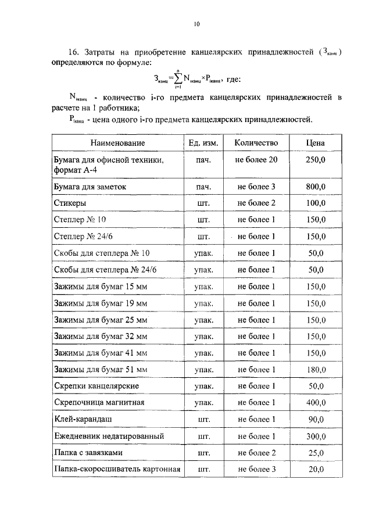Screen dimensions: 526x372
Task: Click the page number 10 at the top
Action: coord(196,24)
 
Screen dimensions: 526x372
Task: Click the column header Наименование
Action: coord(117,143)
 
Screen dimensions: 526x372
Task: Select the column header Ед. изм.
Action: coord(203,143)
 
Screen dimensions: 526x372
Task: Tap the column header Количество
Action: coord(256,143)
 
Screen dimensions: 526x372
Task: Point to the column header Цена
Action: coord(316,143)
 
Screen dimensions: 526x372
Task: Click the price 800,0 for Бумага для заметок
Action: coord(316,187)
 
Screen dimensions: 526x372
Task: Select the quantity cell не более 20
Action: coord(256,159)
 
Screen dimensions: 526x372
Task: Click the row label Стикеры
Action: coord(70,203)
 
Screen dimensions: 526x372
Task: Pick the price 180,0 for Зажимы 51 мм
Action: coord(316,370)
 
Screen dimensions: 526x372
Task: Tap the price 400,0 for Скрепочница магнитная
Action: coord(316,403)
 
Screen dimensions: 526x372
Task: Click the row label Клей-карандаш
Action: coord(83,419)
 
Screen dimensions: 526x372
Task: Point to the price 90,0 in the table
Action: coord(316,419)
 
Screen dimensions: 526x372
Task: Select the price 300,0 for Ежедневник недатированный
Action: coord(316,436)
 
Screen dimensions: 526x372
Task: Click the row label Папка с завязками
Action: coord(88,452)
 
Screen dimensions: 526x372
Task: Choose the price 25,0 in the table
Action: coord(316,452)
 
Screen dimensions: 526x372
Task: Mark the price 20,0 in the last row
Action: coord(316,469)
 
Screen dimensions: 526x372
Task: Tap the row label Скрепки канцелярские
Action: coord(96,386)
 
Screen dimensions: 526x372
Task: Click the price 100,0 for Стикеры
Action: coord(316,203)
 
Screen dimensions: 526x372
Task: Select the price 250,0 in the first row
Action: coord(316,159)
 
